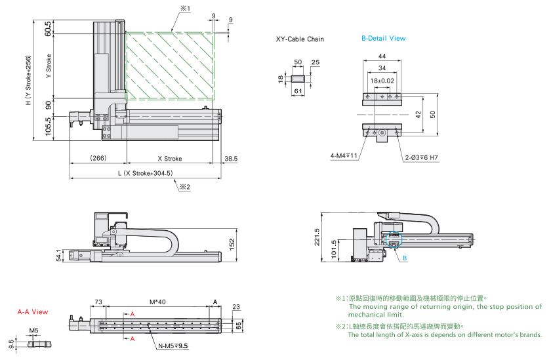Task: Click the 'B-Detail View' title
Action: point(383,38)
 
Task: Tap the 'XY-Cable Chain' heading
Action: point(300,39)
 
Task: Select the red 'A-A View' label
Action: point(33,312)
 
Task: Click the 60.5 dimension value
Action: point(48,29)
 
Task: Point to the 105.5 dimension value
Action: point(48,126)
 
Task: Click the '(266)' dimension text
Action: point(98,159)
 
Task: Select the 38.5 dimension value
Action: point(230,159)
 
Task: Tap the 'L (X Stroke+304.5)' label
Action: point(144,174)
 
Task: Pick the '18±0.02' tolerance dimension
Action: point(382,81)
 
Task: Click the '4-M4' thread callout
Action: point(343,156)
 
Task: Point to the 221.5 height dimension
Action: point(317,235)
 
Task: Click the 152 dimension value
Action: point(241,243)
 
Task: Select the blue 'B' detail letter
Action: point(405,258)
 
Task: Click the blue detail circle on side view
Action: point(393,240)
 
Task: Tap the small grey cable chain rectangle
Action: point(297,79)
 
